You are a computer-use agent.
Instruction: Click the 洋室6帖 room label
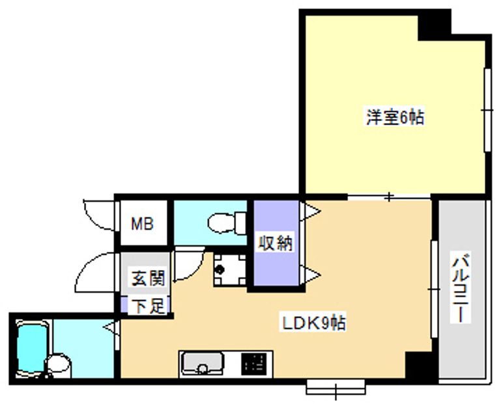(395, 117)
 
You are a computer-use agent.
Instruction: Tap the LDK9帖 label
(314, 323)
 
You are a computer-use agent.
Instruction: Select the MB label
(142, 224)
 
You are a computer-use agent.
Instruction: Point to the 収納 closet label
(276, 243)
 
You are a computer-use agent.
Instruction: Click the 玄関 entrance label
(148, 278)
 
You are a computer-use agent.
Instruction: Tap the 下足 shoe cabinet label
(148, 306)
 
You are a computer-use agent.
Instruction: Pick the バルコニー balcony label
(461, 288)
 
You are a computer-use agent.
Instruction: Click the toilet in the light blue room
(227, 222)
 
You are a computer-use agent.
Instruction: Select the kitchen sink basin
(202, 364)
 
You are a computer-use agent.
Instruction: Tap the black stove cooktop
(254, 364)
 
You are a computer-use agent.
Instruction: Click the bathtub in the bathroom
(32, 348)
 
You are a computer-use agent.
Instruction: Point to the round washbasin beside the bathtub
(59, 364)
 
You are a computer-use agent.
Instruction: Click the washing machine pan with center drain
(230, 269)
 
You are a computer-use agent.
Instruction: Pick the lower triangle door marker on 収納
(310, 275)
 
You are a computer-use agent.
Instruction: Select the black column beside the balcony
(419, 365)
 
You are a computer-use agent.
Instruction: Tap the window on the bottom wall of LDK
(336, 387)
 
